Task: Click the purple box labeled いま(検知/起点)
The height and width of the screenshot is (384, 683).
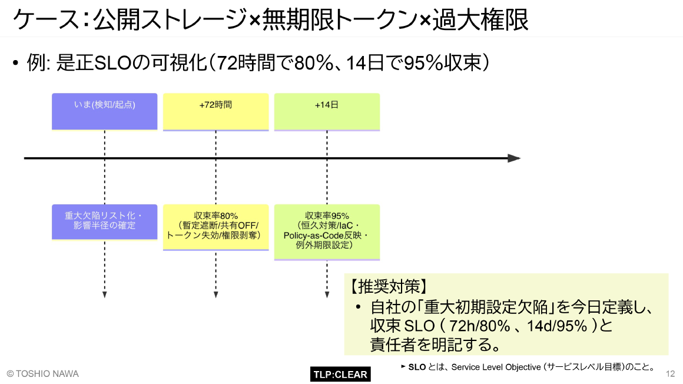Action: coord(105,111)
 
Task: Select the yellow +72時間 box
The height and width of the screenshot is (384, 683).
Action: coord(215,111)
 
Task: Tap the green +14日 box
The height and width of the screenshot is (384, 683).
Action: coord(327,111)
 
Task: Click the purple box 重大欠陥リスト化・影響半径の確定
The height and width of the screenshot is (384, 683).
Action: coord(105,221)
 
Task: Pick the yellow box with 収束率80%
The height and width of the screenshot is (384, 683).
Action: coord(215,226)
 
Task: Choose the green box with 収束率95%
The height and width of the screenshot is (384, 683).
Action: coord(327,231)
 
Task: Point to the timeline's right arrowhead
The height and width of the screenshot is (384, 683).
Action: coord(514,158)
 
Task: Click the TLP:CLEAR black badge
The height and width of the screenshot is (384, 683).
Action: coord(340,374)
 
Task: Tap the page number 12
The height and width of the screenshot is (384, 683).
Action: coord(670,374)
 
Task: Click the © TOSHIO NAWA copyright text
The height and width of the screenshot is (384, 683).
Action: coord(42,374)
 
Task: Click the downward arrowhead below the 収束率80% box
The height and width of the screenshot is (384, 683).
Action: coord(215,294)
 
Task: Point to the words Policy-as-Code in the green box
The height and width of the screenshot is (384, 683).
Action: coord(312,236)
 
